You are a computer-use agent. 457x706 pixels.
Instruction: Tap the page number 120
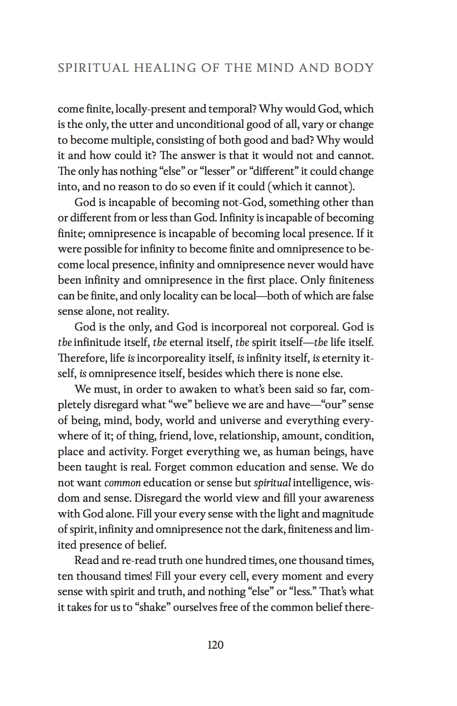click(x=215, y=645)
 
